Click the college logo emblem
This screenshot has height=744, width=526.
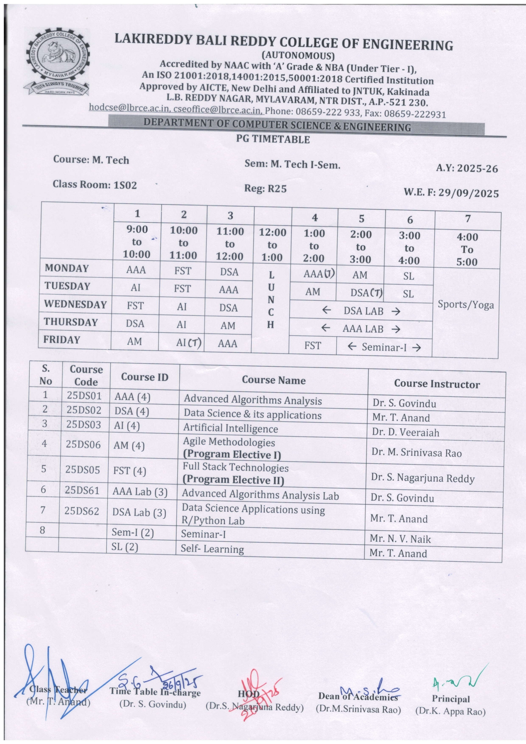(57, 62)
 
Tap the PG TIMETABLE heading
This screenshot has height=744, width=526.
(273, 139)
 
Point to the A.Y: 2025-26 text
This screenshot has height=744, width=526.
(467, 168)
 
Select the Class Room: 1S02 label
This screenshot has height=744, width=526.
(95, 184)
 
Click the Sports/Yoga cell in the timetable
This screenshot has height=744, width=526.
(466, 305)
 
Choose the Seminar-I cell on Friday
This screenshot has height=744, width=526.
(383, 347)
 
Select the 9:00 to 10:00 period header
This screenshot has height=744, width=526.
(137, 242)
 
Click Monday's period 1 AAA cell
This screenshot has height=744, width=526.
(136, 270)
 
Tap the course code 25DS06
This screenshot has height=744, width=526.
(83, 444)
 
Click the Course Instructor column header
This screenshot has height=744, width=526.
(436, 384)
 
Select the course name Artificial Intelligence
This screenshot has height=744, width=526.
(230, 428)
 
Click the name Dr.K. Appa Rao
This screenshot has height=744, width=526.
(450, 711)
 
